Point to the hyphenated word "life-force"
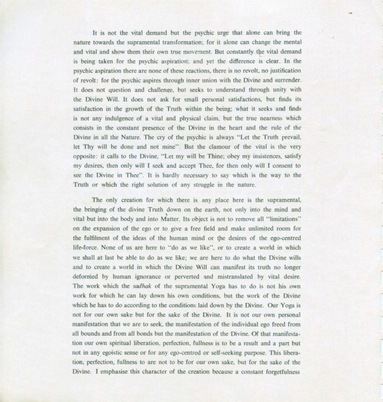pos(86,248)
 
